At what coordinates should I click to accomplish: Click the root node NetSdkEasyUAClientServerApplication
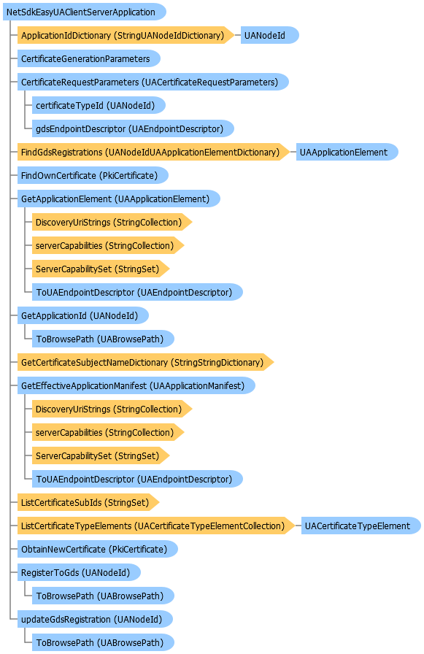[x=84, y=12]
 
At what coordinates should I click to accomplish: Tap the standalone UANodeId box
[x=269, y=36]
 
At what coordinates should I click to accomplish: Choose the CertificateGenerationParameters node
[x=89, y=59]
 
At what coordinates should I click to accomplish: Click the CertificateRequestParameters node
[x=153, y=82]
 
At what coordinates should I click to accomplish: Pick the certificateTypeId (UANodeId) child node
[x=99, y=106]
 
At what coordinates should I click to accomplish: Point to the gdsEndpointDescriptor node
[x=133, y=129]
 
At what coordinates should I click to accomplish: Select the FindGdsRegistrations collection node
[x=153, y=153]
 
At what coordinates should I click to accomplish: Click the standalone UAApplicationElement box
[x=347, y=153]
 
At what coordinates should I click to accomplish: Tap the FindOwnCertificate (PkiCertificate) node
[x=93, y=176]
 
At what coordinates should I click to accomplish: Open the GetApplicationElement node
[x=119, y=199]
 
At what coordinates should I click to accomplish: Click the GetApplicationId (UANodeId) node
[x=83, y=316]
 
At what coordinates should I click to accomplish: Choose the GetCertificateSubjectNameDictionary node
[x=145, y=363]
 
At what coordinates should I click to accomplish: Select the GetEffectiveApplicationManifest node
[x=136, y=386]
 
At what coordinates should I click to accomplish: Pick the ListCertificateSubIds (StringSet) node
[x=88, y=503]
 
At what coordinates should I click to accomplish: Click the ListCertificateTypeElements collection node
[x=156, y=526]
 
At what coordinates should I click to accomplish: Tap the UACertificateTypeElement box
[x=361, y=526]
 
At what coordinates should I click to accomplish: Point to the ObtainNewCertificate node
[x=98, y=550]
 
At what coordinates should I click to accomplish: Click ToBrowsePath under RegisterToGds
[x=103, y=596]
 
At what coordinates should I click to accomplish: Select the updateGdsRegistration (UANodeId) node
[x=95, y=620]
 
